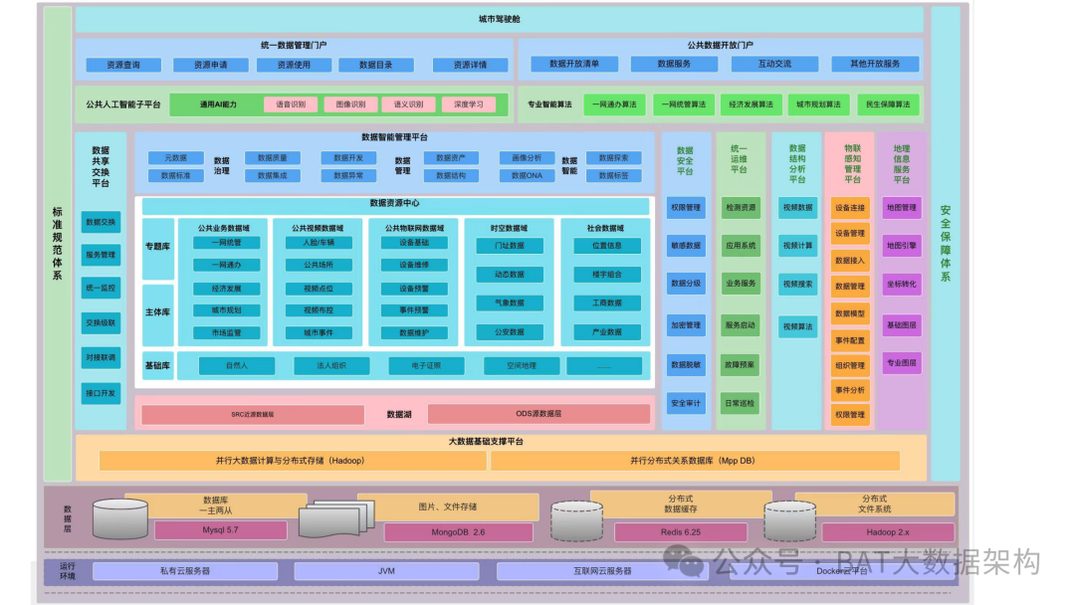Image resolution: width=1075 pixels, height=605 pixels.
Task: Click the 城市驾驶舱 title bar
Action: coord(499,20)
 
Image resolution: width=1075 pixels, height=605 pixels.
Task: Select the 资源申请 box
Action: coord(210,65)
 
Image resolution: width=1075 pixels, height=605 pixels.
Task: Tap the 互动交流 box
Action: coord(774,64)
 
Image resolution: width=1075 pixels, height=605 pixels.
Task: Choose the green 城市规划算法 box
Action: coord(817,104)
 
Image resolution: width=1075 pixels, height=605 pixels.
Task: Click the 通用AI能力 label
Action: coord(218,104)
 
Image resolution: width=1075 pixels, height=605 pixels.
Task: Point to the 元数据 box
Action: coord(175,157)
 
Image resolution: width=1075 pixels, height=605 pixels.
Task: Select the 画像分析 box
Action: coord(527,157)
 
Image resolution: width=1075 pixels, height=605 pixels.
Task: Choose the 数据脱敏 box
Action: coord(686,364)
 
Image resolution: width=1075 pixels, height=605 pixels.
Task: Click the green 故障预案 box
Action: coord(740,364)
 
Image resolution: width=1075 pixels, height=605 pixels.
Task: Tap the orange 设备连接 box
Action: coord(849,208)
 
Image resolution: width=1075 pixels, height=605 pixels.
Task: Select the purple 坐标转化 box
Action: coord(902,284)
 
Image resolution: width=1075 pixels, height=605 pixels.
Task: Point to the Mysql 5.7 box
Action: coord(220,530)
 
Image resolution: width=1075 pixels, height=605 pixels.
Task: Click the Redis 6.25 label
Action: coord(681,532)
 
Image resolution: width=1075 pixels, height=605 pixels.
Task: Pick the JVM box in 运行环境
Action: coord(386,571)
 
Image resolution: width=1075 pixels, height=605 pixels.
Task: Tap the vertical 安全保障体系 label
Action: coord(945,244)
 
